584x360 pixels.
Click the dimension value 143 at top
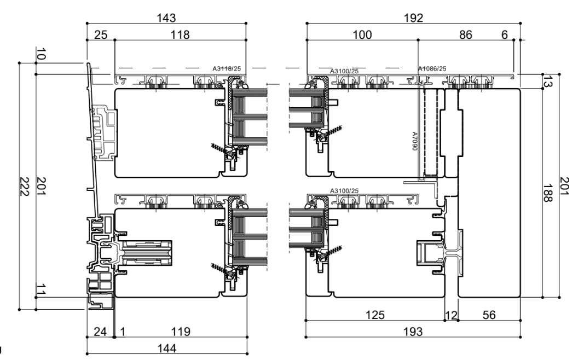point(166,18)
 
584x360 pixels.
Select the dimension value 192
point(413,18)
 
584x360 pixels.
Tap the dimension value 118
point(180,34)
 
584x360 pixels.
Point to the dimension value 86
point(466,34)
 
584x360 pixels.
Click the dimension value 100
point(362,34)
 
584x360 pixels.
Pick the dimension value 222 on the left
point(25,187)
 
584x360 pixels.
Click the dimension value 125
point(375,315)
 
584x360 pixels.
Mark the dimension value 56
point(489,315)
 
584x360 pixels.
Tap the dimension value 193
point(413,332)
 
